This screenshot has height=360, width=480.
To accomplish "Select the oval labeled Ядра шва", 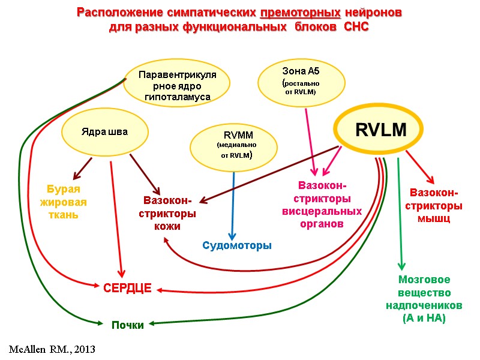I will pyautogui.click(x=105, y=132).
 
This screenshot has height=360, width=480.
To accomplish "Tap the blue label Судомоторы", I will pyautogui.click(x=237, y=245).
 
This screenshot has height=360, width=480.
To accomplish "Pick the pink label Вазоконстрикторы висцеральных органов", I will pyautogui.click(x=322, y=205).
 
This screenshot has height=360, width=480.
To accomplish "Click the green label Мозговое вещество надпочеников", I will pyautogui.click(x=424, y=299).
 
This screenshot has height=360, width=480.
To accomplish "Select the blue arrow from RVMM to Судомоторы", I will pyautogui.click(x=233, y=204).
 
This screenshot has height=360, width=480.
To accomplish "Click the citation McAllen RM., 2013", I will pyautogui.click(x=52, y=348).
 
